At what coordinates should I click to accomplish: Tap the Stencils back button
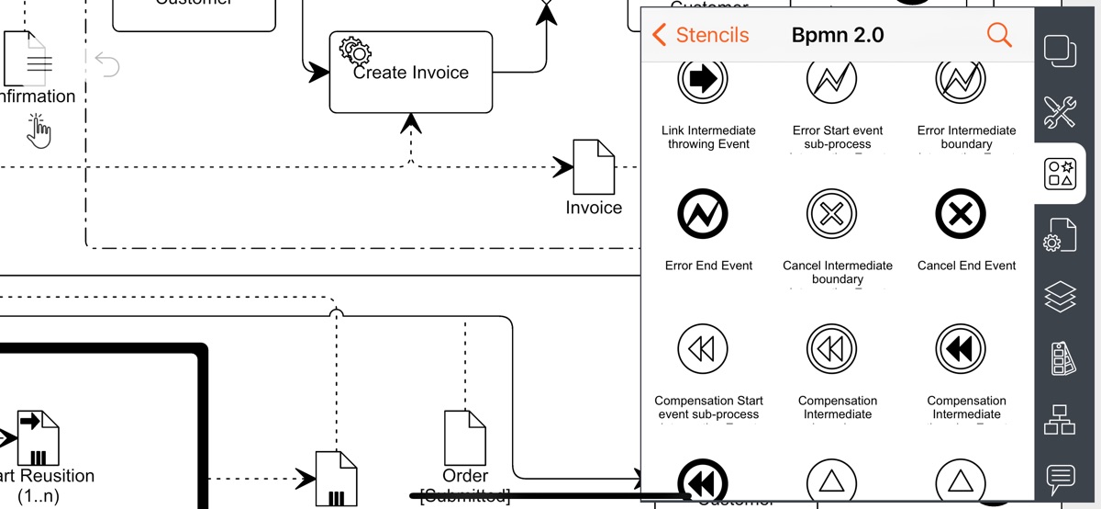pyautogui.click(x=700, y=35)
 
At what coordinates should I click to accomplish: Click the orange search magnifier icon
pyautogui.click(x=999, y=35)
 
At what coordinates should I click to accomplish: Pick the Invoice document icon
pyautogui.click(x=594, y=165)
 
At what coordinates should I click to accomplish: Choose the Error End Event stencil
pyautogui.click(x=708, y=215)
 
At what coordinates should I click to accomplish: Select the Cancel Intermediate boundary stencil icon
pyautogui.click(x=832, y=215)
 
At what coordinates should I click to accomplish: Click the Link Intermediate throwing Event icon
pyautogui.click(x=703, y=80)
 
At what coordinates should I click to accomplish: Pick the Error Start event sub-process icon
pyautogui.click(x=832, y=80)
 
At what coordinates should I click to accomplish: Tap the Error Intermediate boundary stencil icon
pyautogui.click(x=961, y=80)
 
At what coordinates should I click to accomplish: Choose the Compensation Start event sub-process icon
pyautogui.click(x=703, y=349)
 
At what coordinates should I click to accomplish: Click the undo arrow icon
pyautogui.click(x=107, y=64)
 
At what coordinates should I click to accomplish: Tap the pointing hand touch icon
pyautogui.click(x=39, y=130)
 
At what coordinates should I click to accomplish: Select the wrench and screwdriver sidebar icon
pyautogui.click(x=1061, y=111)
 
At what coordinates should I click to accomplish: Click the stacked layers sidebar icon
pyautogui.click(x=1061, y=297)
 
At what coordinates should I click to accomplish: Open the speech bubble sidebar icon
pyautogui.click(x=1061, y=479)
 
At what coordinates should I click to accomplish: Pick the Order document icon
pyautogui.click(x=464, y=437)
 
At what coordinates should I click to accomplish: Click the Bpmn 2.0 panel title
pyautogui.click(x=837, y=35)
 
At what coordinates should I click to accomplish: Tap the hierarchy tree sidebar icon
pyautogui.click(x=1061, y=419)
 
